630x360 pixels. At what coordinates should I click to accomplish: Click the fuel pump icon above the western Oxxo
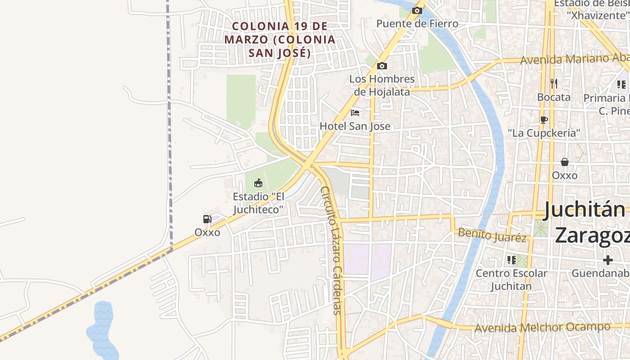(x=207, y=219)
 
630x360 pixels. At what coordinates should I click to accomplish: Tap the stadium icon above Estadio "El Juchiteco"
(x=258, y=183)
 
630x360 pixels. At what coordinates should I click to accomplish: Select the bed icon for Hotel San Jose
(x=355, y=112)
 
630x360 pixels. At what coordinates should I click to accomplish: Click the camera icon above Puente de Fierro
(x=417, y=10)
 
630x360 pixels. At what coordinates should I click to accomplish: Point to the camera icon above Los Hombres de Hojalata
(x=382, y=66)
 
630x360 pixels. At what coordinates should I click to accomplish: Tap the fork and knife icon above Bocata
(x=553, y=83)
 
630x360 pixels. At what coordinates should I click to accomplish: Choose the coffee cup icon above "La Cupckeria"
(x=544, y=120)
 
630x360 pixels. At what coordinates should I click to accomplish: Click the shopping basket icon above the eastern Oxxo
(x=564, y=162)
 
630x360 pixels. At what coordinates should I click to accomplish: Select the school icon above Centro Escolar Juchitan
(x=512, y=260)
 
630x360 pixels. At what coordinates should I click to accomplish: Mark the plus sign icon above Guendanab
(x=608, y=260)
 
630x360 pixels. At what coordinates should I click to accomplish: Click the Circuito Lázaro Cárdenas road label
(x=333, y=250)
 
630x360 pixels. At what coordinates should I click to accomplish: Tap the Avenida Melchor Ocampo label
(x=542, y=328)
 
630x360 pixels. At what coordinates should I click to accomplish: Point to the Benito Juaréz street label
(x=492, y=235)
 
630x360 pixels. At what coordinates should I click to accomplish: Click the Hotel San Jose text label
(x=355, y=126)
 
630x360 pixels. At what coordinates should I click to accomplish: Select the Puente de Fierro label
(x=417, y=23)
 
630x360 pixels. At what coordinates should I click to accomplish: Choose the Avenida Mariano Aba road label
(x=574, y=58)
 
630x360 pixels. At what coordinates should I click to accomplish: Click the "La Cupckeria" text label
(x=544, y=133)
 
